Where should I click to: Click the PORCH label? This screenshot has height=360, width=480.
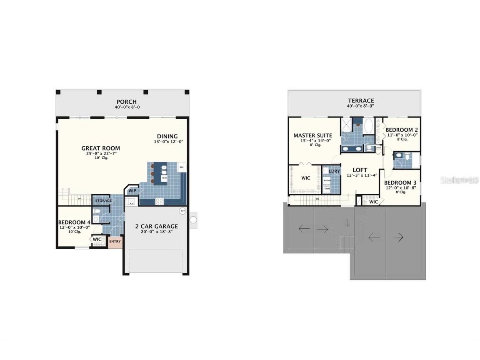point(126,102)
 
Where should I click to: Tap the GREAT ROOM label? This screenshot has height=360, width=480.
point(100,148)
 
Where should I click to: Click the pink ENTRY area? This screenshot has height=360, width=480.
point(115,242)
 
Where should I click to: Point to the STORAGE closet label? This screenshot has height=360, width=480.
point(103,201)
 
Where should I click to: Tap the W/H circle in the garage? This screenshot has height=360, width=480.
point(182,211)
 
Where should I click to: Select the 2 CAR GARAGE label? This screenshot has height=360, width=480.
point(156,226)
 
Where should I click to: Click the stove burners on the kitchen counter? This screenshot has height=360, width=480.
point(159,201)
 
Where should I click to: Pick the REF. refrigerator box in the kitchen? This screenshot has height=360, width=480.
point(182,167)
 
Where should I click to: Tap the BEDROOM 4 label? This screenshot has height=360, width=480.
point(74,222)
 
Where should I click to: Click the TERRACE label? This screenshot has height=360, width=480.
point(361,100)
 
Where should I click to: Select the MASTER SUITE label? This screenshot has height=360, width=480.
point(312,135)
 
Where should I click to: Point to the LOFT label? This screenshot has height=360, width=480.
point(360,170)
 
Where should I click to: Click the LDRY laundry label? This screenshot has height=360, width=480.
point(334,171)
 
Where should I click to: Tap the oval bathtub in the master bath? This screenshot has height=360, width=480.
point(369,127)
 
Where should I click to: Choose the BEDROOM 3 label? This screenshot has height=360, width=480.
point(400,183)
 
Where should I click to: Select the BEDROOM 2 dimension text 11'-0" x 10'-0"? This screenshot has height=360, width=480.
point(402,135)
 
